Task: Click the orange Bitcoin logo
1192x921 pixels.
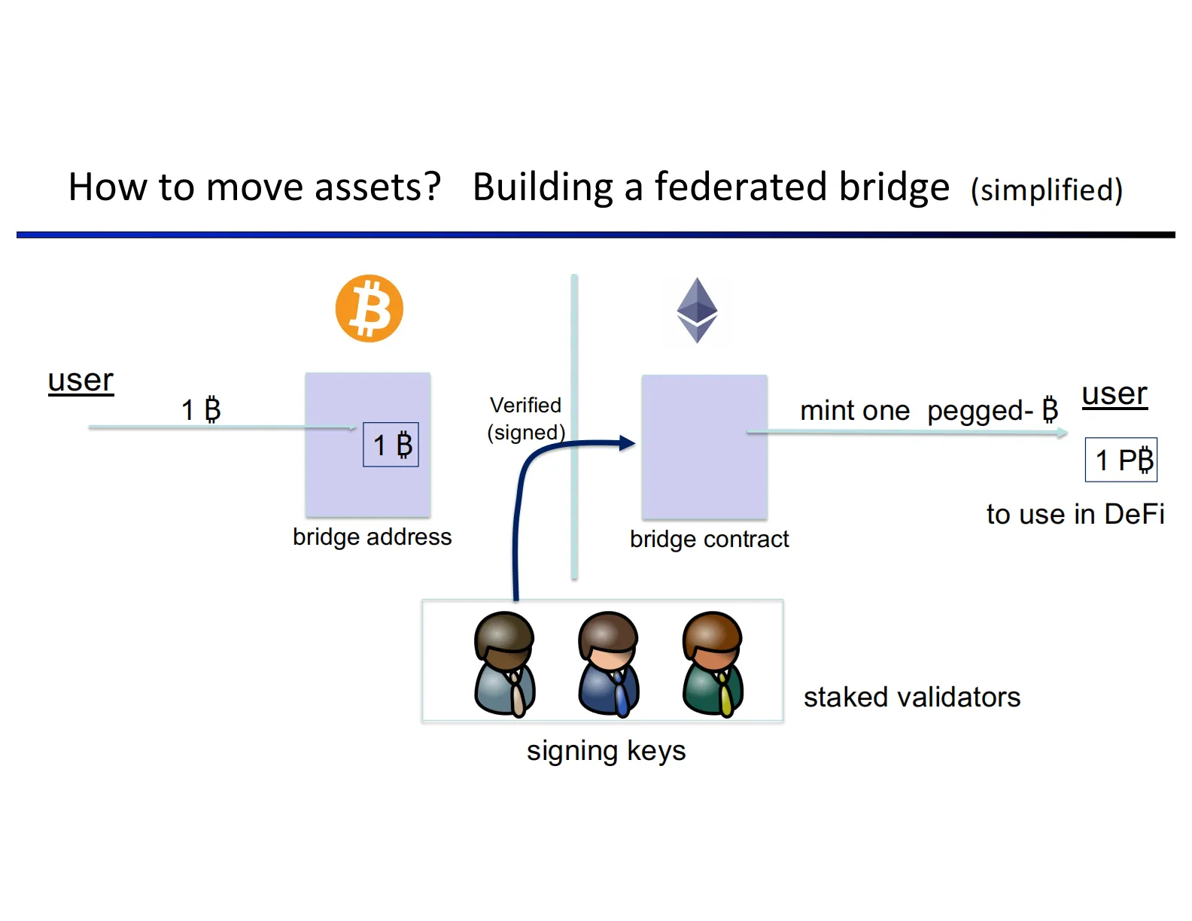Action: (369, 309)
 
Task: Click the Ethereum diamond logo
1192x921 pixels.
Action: (697, 310)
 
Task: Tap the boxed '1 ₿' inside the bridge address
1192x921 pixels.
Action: (391, 445)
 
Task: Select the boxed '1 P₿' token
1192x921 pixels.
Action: (1121, 460)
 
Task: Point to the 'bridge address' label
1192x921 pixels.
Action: (372, 536)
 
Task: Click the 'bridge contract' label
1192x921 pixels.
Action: (709, 539)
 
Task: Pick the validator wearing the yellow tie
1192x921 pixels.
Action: (713, 664)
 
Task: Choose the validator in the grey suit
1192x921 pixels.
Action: (505, 664)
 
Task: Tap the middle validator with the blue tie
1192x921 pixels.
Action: (609, 664)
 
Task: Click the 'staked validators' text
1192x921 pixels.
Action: (911, 697)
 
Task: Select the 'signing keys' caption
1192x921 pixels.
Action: (606, 750)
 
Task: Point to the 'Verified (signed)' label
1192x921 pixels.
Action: (525, 418)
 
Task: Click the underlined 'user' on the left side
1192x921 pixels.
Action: (81, 380)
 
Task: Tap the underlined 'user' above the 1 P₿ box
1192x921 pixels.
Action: (1114, 394)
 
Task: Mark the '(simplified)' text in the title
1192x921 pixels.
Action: (1046, 190)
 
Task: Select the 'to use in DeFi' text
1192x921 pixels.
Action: (1075, 514)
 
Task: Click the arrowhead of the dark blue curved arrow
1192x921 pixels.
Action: (627, 443)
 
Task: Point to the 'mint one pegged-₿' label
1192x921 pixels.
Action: (929, 410)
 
